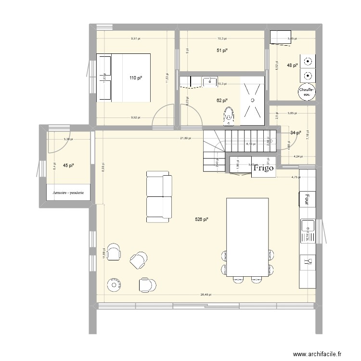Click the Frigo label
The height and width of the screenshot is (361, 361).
(x=263, y=168)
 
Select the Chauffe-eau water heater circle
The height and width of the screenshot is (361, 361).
(x=307, y=92)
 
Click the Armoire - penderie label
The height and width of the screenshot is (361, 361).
(x=68, y=193)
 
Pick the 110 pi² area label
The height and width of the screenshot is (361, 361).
(x=136, y=77)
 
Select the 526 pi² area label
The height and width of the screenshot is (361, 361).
(x=202, y=219)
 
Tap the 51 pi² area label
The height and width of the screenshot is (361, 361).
(x=222, y=50)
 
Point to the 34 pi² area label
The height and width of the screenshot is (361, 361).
(x=295, y=133)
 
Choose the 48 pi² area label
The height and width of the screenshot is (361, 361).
(x=292, y=65)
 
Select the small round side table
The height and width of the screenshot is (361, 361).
(x=115, y=284)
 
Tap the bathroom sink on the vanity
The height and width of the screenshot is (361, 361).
(x=210, y=82)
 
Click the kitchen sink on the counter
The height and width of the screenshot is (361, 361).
(x=307, y=226)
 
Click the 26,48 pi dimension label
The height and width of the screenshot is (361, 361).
(x=206, y=295)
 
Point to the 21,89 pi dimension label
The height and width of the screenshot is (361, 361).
(x=185, y=138)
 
